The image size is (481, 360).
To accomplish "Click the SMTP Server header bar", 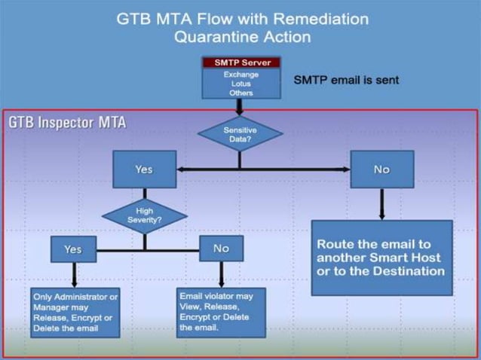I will point(240,63).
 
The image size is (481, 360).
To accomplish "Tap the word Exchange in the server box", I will point(240,75).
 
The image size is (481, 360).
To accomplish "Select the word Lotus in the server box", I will point(240,84).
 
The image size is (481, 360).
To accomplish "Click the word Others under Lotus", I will point(240,93).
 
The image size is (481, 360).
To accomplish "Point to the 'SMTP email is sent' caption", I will point(345,80).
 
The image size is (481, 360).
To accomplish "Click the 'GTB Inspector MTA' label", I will point(67,123).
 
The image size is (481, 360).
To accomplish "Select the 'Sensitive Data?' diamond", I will point(240,135).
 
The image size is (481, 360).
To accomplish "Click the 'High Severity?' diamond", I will point(144,215).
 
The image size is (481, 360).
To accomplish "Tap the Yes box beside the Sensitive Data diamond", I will point(144,169).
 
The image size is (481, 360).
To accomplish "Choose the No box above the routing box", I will point(381,169).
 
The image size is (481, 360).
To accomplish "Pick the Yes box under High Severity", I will point(72,249).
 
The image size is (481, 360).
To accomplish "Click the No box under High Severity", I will point(221,249).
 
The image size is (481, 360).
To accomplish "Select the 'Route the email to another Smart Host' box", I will point(381,258).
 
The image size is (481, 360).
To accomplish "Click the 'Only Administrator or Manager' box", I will point(75,313).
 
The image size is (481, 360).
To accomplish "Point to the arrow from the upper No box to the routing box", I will point(381,203).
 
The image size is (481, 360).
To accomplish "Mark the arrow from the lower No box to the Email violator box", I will point(221,273).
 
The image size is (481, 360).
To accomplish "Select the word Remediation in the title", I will point(314,18).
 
